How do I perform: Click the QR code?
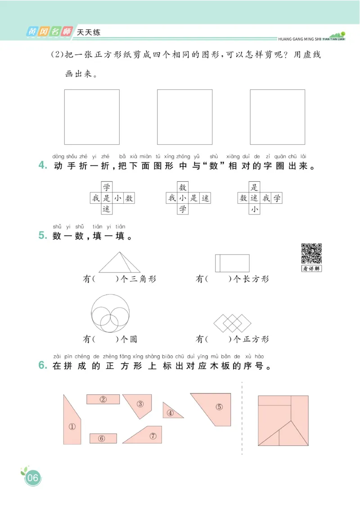[x=311, y=253]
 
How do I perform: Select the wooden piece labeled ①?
[x=72, y=423]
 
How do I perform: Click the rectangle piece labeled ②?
[x=103, y=399]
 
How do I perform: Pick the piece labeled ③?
[x=139, y=405]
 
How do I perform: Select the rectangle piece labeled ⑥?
[x=103, y=438]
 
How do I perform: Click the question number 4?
[x=43, y=165]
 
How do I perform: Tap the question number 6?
[x=43, y=366]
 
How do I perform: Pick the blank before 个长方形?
[x=218, y=279]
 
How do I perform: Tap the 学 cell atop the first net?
[x=107, y=187]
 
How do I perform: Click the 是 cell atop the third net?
[x=255, y=187]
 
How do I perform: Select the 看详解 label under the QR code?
[x=311, y=269]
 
